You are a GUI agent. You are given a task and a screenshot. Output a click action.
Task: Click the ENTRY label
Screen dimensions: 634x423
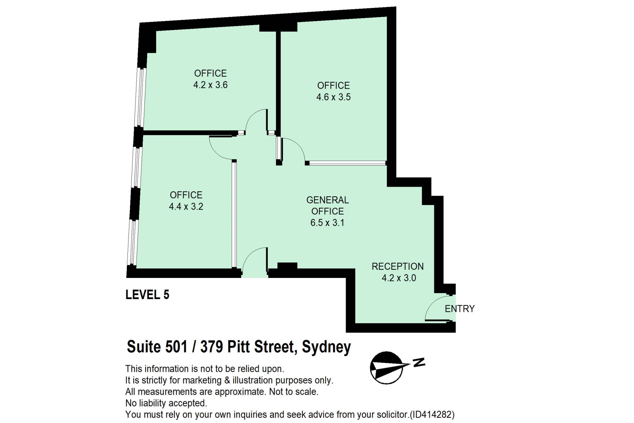pos(459,309)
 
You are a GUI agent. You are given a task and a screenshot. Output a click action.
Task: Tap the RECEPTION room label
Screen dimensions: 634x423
pos(398,266)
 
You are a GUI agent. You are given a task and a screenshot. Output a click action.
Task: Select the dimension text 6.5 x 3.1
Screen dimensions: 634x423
pos(327,223)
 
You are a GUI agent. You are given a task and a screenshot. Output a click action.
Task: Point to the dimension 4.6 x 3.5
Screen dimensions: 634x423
pos(334,97)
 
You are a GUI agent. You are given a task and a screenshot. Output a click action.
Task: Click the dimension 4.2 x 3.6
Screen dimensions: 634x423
pos(210,85)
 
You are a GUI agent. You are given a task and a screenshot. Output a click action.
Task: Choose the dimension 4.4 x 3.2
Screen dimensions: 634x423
pos(186,207)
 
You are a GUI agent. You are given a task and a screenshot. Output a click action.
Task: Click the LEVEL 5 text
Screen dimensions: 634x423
pos(147,294)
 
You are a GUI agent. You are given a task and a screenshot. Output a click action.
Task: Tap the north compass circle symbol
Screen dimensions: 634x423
pos(386,367)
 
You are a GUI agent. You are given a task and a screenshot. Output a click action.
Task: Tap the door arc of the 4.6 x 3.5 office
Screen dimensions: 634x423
pos(298,145)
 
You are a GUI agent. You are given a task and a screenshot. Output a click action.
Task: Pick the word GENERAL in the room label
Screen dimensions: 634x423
pos(327,200)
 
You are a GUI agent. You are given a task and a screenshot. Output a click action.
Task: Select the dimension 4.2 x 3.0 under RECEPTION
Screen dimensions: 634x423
pos(399,278)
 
